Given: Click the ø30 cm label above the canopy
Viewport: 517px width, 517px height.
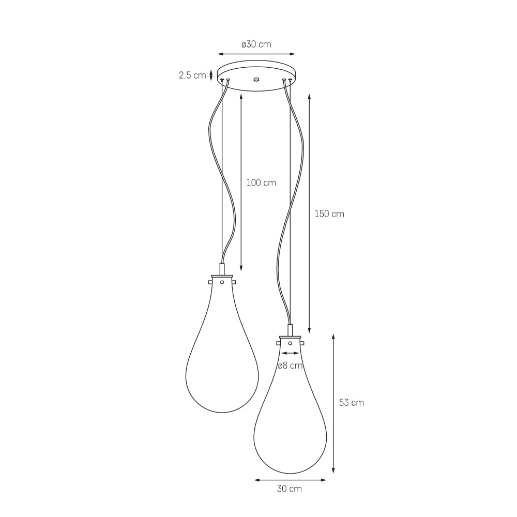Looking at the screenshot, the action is [256, 44].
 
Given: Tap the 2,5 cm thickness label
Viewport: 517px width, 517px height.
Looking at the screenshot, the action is [192, 75].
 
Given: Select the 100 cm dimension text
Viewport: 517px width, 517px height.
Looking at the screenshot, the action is [261, 183].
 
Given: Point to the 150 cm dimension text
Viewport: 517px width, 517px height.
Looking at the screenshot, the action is [329, 214].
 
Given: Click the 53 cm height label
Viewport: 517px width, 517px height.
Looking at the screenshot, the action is [352, 403].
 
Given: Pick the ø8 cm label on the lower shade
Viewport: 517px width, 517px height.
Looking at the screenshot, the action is [290, 366].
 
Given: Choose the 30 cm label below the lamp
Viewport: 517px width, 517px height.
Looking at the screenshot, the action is [290, 489].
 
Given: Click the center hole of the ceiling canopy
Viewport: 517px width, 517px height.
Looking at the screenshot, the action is [256, 79].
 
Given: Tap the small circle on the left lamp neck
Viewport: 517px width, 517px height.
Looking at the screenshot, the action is [222, 282].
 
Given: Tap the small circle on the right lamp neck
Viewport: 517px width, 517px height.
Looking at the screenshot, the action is [290, 343].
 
